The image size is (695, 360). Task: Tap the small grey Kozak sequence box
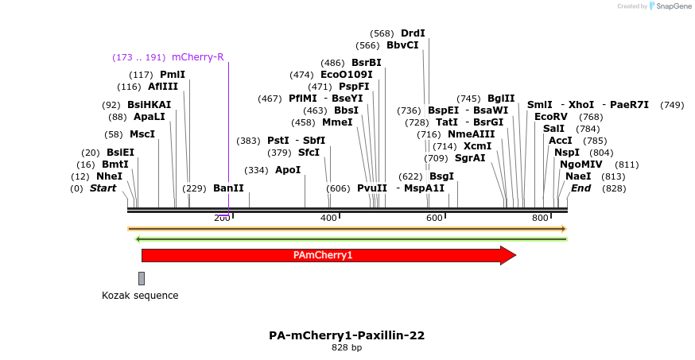pos(142,278)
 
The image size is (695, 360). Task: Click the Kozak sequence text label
pos(140,296)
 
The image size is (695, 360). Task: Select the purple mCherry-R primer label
pos(197,57)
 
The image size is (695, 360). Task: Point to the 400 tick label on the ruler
pos(328,218)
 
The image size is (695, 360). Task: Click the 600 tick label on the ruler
pos(434,218)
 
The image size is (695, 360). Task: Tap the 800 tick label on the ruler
pos(540,218)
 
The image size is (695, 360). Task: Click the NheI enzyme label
pos(109,176)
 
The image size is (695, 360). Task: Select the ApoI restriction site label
pos(288,170)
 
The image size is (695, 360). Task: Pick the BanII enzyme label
pos(228,188)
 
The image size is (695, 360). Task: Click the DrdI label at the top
pos(413,33)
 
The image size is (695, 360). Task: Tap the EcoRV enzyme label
pos(550,117)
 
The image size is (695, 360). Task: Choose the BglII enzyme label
pos(501,99)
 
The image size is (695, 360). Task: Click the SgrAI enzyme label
pos(470,158)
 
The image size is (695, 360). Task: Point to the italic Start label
pos(103,188)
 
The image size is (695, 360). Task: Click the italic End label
pos(580,188)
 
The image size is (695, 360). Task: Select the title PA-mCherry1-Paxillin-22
pos(347,335)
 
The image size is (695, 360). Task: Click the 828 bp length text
pos(347,348)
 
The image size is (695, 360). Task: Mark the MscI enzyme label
pos(142,134)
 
